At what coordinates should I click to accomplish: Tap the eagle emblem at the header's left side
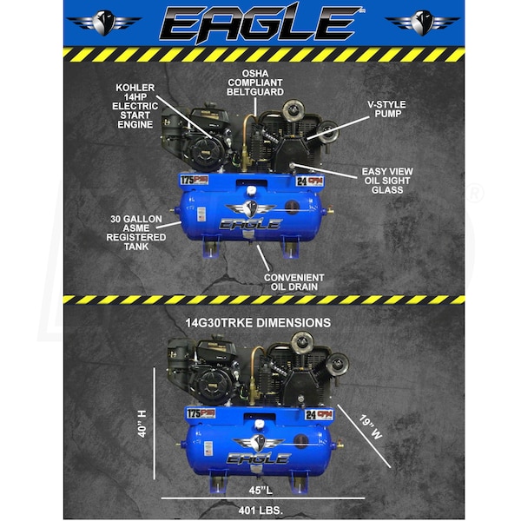[104, 23]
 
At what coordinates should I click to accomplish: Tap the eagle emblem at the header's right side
[422, 23]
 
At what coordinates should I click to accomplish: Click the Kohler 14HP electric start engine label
[135, 106]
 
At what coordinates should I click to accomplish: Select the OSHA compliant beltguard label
[255, 82]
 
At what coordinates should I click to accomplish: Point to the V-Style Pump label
[386, 109]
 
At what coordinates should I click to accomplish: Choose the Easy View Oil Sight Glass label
[387, 181]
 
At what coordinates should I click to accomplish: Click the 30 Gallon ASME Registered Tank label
[136, 233]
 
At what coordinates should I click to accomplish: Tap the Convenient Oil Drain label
[294, 282]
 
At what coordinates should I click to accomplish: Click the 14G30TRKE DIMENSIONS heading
[258, 323]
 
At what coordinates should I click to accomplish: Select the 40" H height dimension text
[142, 424]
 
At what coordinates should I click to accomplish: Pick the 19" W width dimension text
[370, 427]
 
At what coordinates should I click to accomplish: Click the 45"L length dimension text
[260, 490]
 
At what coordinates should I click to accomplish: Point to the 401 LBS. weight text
[260, 510]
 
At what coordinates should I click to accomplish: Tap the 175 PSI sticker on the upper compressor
[195, 180]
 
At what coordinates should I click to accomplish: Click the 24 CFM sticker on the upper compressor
[310, 181]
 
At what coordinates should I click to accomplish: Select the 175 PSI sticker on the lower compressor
[201, 413]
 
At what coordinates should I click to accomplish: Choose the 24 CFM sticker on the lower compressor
[320, 415]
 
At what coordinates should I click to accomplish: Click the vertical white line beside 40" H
[155, 424]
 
